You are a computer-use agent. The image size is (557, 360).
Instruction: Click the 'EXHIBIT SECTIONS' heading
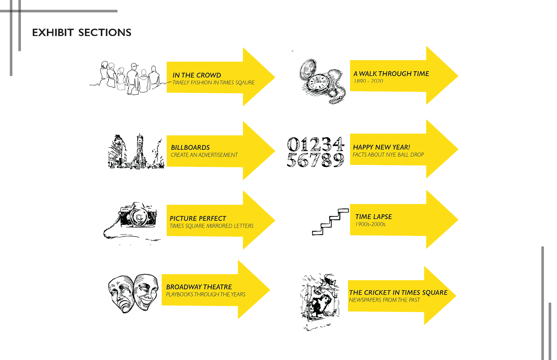82,32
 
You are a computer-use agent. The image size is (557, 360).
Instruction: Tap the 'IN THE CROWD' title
197,75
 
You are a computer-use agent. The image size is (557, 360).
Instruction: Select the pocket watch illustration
321,81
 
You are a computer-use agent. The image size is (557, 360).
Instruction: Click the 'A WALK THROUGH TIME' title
391,74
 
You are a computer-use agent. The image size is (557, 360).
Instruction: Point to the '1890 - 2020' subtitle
368,81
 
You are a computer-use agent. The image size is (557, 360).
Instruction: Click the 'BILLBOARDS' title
190,147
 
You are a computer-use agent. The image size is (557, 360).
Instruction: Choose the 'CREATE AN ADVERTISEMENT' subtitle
204,155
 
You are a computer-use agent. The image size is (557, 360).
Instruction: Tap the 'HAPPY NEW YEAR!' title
381,147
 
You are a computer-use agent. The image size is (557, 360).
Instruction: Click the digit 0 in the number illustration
294,144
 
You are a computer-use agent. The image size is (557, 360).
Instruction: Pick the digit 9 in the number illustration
338,160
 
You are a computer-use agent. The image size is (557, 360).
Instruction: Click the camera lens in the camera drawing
139,217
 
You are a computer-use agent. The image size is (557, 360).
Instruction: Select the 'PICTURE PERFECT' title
198,218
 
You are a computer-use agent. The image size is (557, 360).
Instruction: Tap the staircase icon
330,222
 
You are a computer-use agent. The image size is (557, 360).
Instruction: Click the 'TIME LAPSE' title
373,217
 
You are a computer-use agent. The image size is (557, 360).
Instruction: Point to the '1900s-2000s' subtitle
370,224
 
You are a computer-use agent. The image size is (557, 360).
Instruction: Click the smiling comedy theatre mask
146,291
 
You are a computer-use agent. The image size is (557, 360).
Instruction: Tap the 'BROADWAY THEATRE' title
199,287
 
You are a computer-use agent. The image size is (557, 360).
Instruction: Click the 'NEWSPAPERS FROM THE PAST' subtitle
384,300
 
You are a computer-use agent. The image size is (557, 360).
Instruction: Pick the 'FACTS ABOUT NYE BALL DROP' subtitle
388,154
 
